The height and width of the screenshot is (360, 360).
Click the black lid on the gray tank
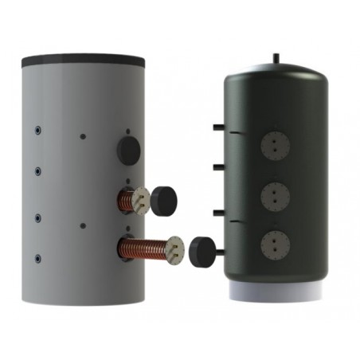[x=83, y=59]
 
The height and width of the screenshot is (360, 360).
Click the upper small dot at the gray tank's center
[x=83, y=136]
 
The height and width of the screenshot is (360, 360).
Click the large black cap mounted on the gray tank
[x=127, y=147]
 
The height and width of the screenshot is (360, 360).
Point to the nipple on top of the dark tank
[x=276, y=57]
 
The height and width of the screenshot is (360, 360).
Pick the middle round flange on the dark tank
[x=275, y=194]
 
